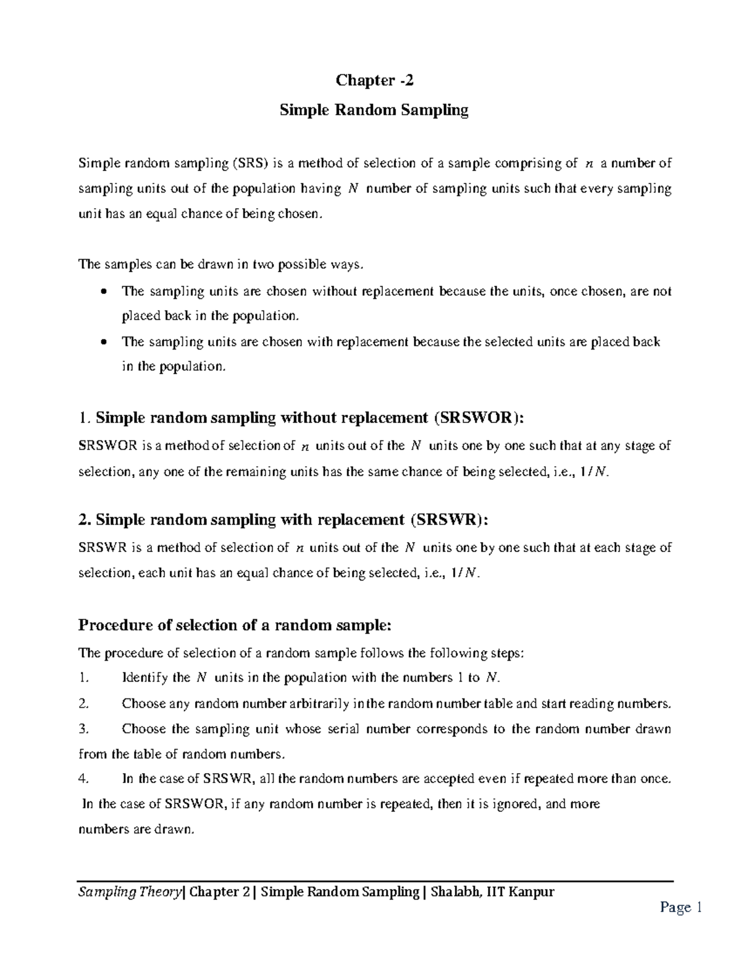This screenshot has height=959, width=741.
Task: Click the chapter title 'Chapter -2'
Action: [x=371, y=80]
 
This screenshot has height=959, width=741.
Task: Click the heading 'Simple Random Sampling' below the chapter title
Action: [x=374, y=111]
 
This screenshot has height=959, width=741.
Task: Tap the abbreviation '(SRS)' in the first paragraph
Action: [x=251, y=164]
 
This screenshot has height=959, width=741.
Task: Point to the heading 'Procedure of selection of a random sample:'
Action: [x=235, y=626]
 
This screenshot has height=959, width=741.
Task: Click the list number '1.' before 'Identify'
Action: [x=85, y=678]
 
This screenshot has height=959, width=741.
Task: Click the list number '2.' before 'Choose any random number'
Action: [x=85, y=703]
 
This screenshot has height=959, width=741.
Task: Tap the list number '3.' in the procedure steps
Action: [x=85, y=729]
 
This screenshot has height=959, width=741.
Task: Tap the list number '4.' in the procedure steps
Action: [x=85, y=779]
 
